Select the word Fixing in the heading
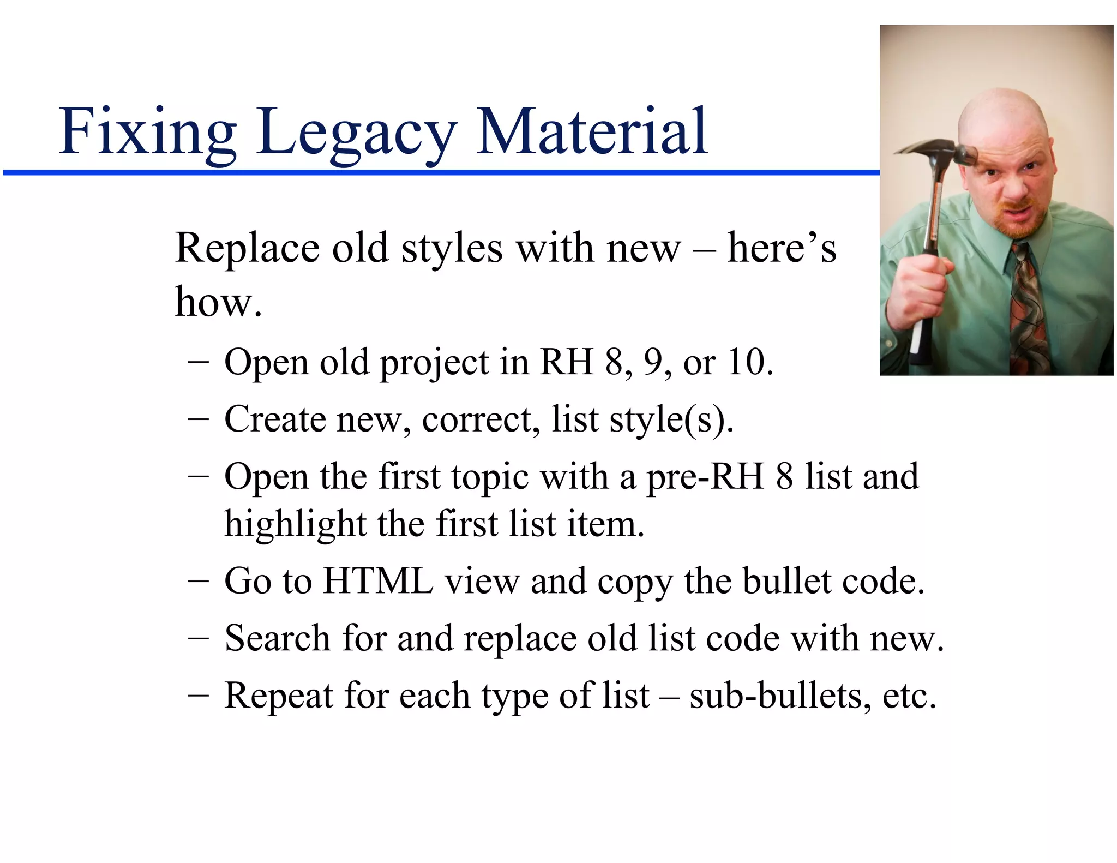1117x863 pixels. pos(147,133)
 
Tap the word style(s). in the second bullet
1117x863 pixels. pos(671,420)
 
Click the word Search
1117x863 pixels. pos(277,638)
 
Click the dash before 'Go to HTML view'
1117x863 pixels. pos(197,582)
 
